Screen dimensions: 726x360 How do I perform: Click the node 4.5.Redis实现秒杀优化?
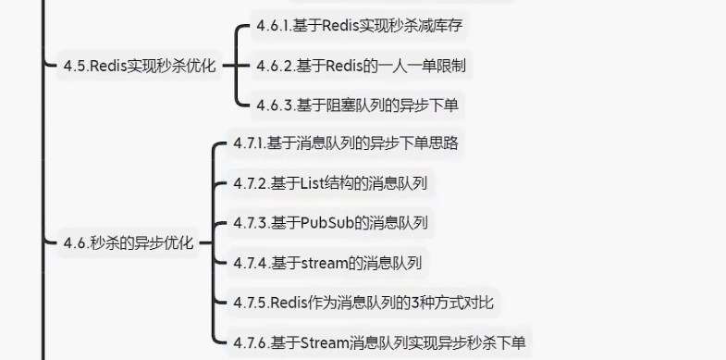click(x=139, y=66)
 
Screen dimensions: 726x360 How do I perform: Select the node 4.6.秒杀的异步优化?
click(x=128, y=243)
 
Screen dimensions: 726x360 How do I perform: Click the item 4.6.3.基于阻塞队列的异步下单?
click(x=357, y=106)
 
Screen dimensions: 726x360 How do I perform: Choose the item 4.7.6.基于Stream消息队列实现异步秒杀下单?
click(x=379, y=342)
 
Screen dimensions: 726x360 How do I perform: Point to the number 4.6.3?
click(x=273, y=106)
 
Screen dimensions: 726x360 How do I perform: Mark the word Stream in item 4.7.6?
click(x=324, y=342)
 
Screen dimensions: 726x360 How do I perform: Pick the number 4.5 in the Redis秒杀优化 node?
click(x=74, y=66)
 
